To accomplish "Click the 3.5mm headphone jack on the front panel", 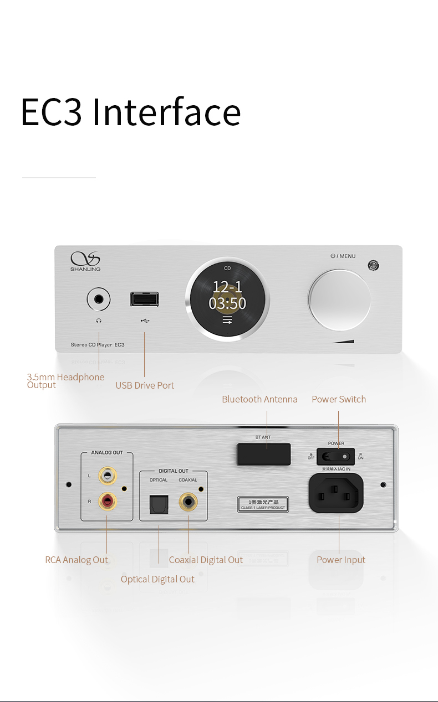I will click(99, 300).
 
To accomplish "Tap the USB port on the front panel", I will click(144, 299).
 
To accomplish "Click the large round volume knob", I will click(339, 301).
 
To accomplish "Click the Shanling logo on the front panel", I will click(85, 261).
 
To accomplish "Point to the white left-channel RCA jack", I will click(107, 475).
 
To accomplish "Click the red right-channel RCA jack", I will click(107, 502).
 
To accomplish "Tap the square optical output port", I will click(159, 503).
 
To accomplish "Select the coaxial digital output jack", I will click(189, 503).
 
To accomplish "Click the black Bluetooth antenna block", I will click(264, 453).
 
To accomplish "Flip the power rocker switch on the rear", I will click(335, 457).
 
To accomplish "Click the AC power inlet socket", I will click(335, 493).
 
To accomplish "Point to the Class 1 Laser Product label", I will click(263, 504).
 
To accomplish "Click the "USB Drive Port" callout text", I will click(145, 385).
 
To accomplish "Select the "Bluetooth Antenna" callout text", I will click(259, 399).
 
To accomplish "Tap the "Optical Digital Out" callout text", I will click(157, 579).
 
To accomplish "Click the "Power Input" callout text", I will click(341, 560).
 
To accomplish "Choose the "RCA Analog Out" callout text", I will click(77, 560).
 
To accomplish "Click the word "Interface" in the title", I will click(166, 111).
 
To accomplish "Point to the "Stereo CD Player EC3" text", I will click(98, 345).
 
